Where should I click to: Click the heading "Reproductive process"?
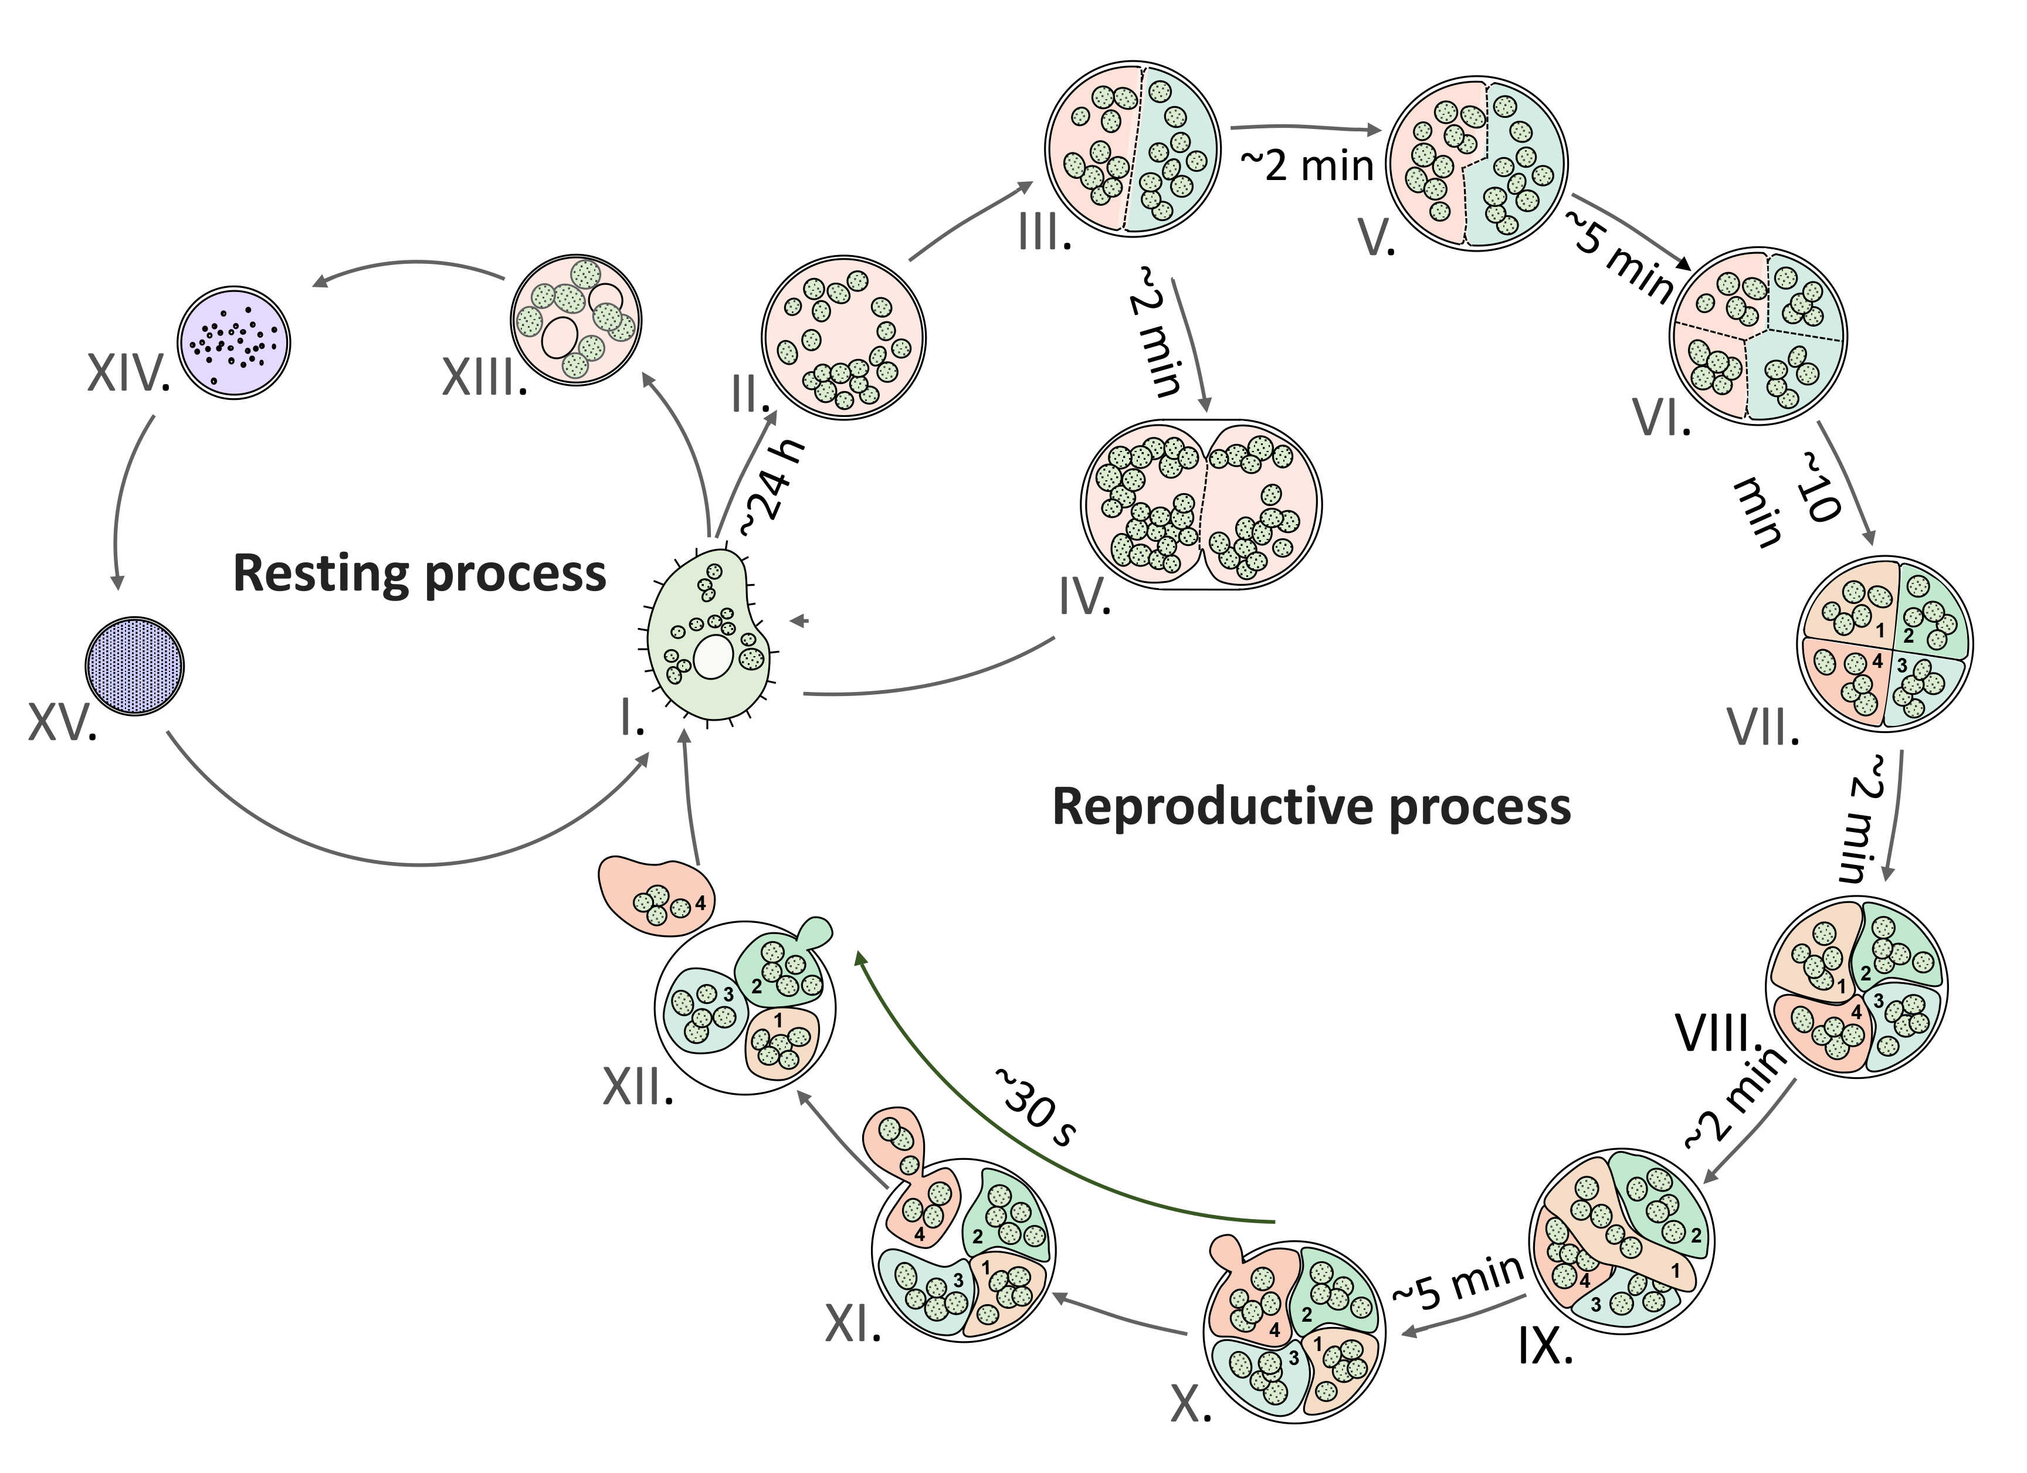[x=1311, y=806]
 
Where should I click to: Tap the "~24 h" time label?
[x=772, y=489]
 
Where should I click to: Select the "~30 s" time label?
[x=1035, y=1107]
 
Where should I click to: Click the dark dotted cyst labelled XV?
[x=134, y=666]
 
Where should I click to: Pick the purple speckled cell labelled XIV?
[x=234, y=342]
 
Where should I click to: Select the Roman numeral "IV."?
[x=1084, y=597]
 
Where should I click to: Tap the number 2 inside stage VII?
[x=1908, y=636]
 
